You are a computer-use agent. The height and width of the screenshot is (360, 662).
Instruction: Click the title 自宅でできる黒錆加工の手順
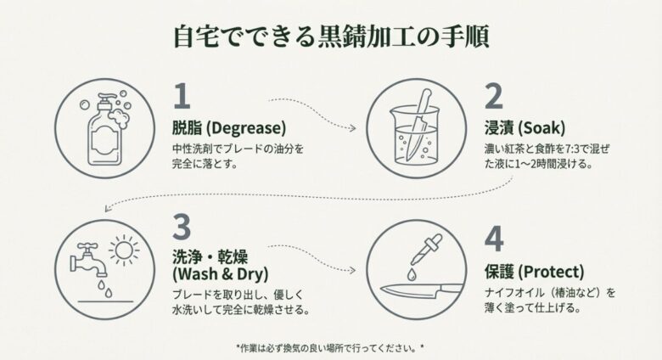(x=330, y=37)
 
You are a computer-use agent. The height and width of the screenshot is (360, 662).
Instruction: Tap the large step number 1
(x=182, y=98)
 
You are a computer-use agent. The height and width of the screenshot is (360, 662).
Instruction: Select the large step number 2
(x=494, y=98)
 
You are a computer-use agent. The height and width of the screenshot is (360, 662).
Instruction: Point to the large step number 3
(x=182, y=228)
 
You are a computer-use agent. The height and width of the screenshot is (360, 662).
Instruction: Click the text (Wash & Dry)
(x=220, y=274)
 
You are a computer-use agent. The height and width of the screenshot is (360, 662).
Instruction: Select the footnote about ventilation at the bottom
(x=330, y=347)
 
